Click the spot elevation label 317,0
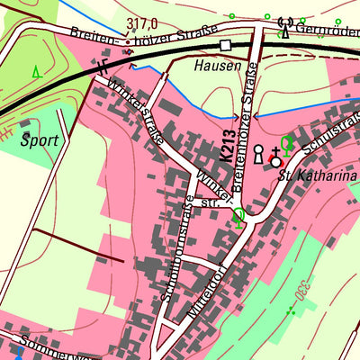tap(142, 23)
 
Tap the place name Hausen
tap(217, 67)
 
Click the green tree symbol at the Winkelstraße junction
tap(238, 215)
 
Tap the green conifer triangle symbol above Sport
tap(35, 71)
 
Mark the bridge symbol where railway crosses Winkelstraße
tap(105, 68)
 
